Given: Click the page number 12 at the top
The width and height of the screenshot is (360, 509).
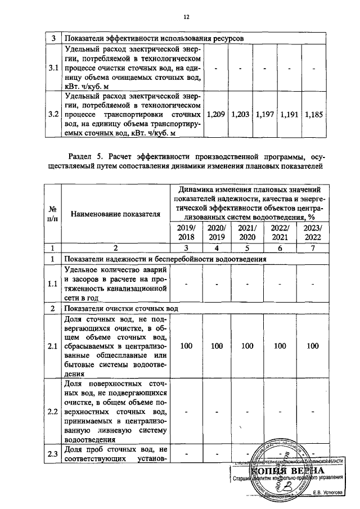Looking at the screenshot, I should pos(186,16).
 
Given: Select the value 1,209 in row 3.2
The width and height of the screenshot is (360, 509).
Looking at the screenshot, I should pos(216,114).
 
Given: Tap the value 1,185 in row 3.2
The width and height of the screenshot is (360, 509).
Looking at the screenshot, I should pos(313,114).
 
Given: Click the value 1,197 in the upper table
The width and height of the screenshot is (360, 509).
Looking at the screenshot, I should pos(264,114).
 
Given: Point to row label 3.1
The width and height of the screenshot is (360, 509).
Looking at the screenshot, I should pos(53,68).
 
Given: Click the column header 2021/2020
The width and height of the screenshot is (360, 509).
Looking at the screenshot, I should pos(247,232).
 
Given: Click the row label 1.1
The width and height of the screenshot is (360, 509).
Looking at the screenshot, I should pos(53,283).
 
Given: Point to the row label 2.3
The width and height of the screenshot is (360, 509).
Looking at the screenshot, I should pos(53,456).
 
